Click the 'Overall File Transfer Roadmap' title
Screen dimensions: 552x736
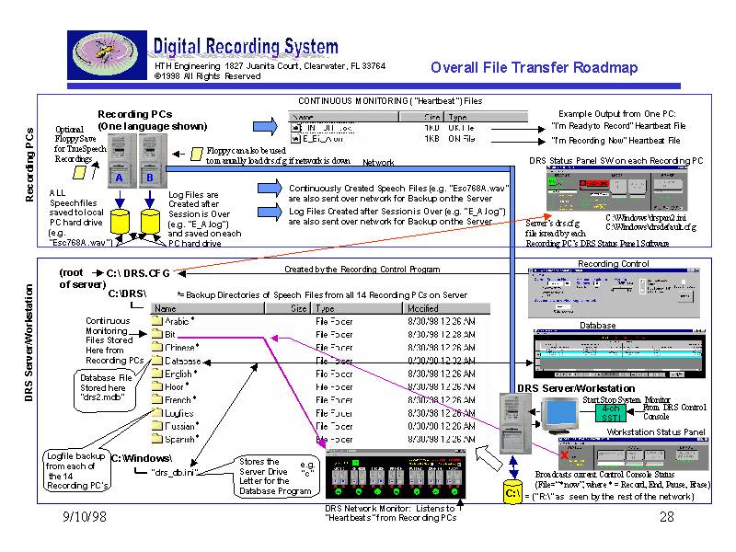[534, 67]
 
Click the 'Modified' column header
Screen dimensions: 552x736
[423, 309]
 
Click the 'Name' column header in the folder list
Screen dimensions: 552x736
[166, 309]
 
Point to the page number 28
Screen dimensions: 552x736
[667, 519]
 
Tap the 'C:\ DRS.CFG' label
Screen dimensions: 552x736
[138, 273]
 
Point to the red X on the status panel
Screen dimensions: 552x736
[564, 454]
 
